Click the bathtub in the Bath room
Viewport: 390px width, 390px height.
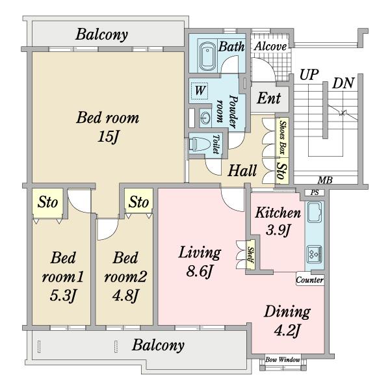click(x=207, y=56)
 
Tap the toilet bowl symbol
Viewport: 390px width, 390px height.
click(x=197, y=144)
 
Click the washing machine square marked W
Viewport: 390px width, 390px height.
click(x=200, y=90)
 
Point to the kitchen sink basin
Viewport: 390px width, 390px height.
click(x=315, y=212)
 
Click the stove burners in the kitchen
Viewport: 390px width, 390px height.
click(x=315, y=254)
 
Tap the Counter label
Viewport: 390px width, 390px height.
click(x=310, y=280)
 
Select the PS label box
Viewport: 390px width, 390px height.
click(x=315, y=192)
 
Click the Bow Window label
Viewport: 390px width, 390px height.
click(x=283, y=359)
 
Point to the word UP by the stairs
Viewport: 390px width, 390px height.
click(x=309, y=75)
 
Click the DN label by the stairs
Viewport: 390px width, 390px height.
click(x=343, y=83)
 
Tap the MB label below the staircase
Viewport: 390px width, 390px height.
click(x=326, y=180)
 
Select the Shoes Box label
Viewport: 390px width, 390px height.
click(x=282, y=137)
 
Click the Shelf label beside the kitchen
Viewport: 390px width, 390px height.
click(x=250, y=255)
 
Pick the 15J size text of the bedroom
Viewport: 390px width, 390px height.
click(x=109, y=136)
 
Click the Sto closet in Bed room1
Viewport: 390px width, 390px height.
click(x=47, y=202)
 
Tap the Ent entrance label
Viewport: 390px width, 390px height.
click(x=269, y=98)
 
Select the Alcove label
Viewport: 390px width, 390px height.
click(x=270, y=47)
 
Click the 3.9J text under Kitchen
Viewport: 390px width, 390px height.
click(x=278, y=230)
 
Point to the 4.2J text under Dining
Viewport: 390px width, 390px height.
click(x=287, y=331)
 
